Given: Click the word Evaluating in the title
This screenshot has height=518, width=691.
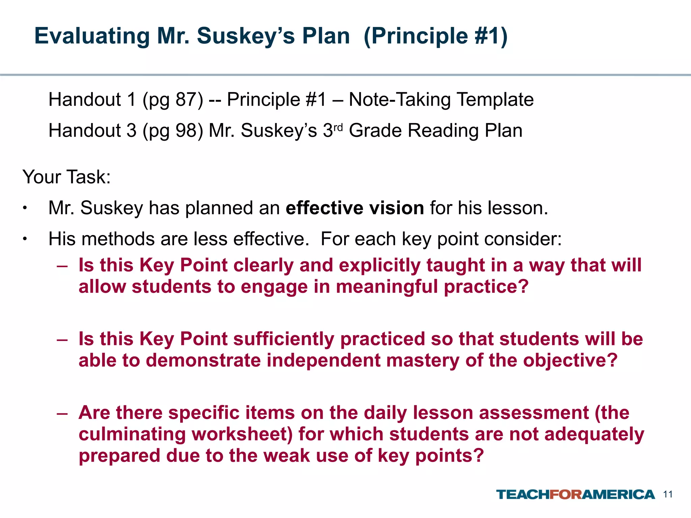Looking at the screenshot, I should (92, 36).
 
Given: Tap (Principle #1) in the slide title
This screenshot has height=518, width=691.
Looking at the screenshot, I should (435, 36).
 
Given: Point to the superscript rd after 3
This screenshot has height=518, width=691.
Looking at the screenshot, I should (338, 127).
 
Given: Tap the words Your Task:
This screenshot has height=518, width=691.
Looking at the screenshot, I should (66, 177).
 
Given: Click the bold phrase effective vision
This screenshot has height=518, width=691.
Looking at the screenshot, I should (355, 208).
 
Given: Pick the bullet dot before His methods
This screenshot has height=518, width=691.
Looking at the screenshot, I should (25, 239).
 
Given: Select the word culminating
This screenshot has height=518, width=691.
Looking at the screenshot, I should (132, 434).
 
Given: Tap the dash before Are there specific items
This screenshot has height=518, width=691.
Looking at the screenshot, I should (62, 413).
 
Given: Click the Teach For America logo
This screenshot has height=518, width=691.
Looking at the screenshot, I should (575, 494).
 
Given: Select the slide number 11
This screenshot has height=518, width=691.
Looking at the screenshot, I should (668, 494).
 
